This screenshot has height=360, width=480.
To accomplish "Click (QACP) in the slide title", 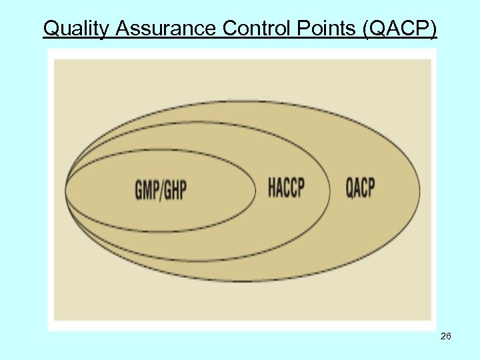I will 402,29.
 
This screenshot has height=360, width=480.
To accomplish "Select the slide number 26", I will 446,337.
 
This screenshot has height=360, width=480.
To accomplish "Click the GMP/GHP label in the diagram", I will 161,190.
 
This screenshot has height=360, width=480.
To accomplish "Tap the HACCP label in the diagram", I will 286,188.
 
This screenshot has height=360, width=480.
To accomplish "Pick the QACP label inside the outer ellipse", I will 360,188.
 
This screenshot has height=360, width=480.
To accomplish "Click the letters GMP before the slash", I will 147,190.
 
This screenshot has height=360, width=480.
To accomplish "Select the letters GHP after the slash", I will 175,190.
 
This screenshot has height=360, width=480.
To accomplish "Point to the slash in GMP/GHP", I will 161,190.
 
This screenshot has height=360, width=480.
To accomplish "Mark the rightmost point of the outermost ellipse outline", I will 420,191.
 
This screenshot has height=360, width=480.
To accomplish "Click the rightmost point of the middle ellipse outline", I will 329,191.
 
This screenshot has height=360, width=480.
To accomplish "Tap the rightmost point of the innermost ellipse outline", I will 256,191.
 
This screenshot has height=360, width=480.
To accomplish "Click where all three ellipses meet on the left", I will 65,190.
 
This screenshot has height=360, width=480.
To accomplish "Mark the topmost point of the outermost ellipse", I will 243,101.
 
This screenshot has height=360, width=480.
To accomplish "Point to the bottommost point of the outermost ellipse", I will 243,281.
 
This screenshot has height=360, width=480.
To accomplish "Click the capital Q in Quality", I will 51,29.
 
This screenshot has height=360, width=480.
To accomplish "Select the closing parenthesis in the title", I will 434,29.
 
